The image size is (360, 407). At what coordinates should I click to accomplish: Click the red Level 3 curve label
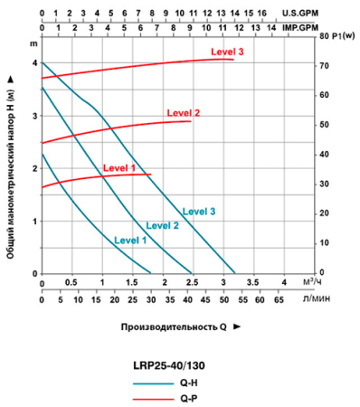[x=228, y=52]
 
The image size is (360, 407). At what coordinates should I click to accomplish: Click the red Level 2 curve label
[x=184, y=112]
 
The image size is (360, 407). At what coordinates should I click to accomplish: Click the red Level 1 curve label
[x=118, y=168]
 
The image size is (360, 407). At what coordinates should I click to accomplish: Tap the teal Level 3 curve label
[x=199, y=211]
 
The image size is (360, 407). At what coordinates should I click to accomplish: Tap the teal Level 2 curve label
[x=163, y=225]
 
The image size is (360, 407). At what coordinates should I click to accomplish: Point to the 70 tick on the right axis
[x=323, y=66]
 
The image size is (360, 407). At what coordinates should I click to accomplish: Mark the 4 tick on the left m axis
[x=36, y=63]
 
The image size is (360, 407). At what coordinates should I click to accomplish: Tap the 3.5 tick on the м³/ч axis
[x=253, y=282]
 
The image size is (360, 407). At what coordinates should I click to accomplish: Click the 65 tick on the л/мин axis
[x=279, y=298]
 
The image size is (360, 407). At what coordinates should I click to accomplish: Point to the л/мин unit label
[x=315, y=298]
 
